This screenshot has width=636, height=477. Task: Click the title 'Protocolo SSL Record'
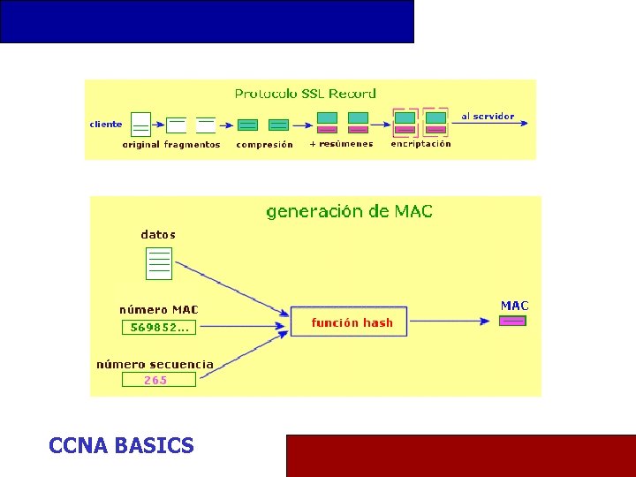305,93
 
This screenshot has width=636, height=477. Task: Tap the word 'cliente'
106,125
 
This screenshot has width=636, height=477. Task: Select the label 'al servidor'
488,117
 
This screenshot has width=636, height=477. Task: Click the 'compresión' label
264,144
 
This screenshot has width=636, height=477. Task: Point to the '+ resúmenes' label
341,144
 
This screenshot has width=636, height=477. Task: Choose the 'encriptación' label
420,144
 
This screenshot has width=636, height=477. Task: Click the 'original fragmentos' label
170,144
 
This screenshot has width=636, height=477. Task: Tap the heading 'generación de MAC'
350,211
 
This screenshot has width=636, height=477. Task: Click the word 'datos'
158,235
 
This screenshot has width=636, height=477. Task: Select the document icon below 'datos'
159,262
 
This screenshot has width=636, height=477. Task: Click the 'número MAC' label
159,310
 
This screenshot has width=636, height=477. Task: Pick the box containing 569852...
159,328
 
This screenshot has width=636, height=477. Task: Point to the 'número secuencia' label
155,364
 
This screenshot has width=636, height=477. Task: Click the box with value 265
156,380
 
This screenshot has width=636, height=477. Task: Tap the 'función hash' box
352,322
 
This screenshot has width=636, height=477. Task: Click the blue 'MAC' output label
514,306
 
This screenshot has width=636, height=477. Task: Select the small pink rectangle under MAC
512,321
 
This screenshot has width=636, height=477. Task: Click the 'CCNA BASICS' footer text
121,446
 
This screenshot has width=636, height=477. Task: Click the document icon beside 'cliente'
140,125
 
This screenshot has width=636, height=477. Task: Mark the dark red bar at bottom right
460,455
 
